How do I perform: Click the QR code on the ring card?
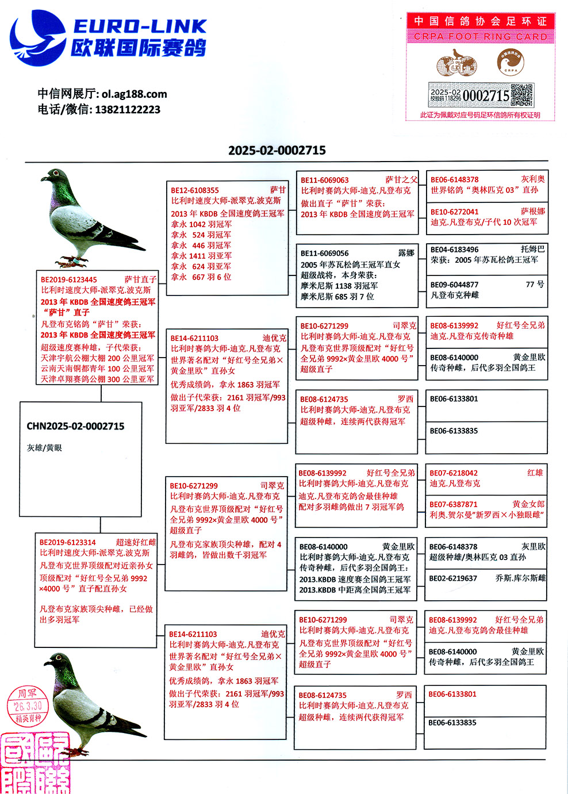[522, 95]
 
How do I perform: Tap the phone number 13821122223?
[128, 110]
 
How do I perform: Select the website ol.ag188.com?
[135, 94]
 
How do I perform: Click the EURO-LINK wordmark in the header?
[140, 26]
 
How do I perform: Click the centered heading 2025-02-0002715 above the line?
[277, 151]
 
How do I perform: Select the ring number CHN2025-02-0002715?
[75, 426]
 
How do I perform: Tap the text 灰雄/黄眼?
[44, 447]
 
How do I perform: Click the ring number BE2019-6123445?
[69, 280]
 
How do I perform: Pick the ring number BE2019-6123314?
[68, 542]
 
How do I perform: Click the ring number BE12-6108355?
[195, 190]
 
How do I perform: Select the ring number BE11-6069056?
[324, 253]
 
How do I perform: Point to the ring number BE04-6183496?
[454, 250]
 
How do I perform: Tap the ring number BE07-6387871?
[454, 504]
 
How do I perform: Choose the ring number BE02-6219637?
[453, 578]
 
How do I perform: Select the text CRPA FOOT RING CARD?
[481, 36]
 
